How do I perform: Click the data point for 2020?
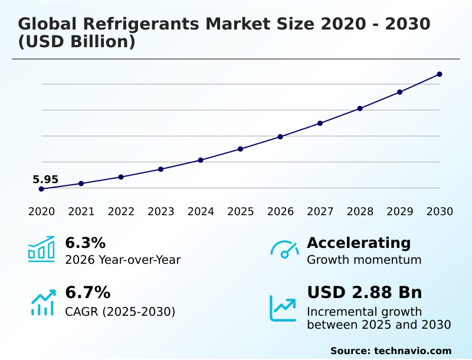41,189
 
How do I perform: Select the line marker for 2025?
241,149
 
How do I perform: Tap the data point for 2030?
440,74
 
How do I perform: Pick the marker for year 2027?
320,123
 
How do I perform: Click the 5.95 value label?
45,179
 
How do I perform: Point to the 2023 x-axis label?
160,212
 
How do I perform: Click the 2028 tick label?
360,212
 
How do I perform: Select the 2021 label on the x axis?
81,212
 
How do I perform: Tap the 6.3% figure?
85,243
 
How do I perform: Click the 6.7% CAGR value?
87,293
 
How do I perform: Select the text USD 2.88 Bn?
364,293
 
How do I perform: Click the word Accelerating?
359,243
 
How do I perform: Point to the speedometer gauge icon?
284,250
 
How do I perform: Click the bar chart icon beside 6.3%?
41,250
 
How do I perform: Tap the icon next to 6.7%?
42,302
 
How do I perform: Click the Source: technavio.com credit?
391,351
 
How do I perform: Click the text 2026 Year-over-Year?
123,260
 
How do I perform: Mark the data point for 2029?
399,92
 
